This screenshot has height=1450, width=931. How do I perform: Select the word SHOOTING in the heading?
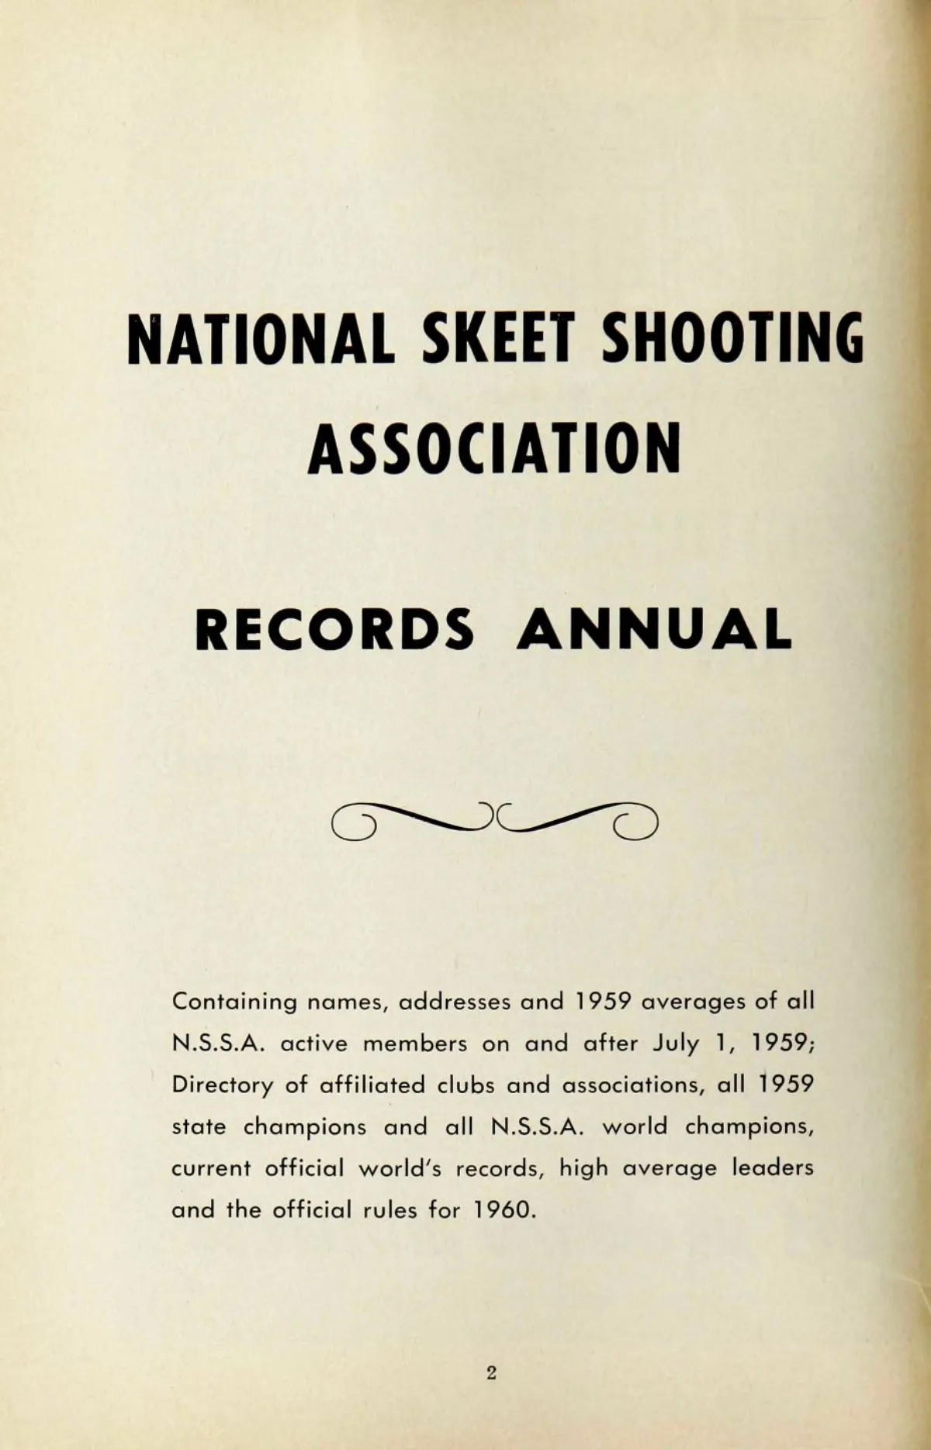tap(732, 337)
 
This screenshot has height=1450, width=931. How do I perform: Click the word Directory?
tap(222, 1085)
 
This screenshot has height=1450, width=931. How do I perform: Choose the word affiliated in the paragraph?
tap(372, 1085)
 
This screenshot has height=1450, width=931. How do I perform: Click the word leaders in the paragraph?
tap(773, 1168)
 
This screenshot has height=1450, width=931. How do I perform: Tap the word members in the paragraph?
tap(415, 1043)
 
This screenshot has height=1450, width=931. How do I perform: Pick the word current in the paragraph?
tap(211, 1168)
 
